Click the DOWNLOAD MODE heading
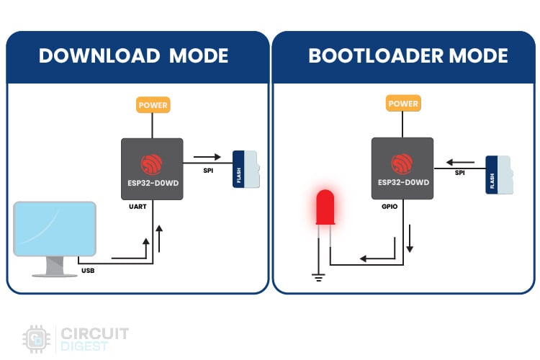(133, 56)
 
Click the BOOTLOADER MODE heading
(408, 56)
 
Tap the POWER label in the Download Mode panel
(152, 105)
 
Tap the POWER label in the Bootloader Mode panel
(402, 104)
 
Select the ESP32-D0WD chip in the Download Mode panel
(152, 168)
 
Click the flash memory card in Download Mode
(246, 168)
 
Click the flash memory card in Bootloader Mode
(499, 174)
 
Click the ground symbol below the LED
(317, 276)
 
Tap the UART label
(138, 207)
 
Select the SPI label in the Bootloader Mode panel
(459, 174)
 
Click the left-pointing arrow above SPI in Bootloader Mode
(462, 162)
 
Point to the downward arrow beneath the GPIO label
(410, 237)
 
